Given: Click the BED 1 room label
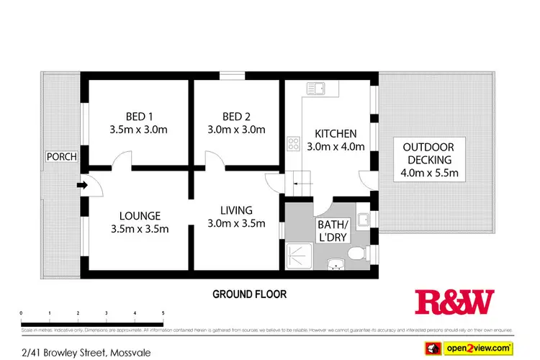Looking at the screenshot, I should click(140, 117).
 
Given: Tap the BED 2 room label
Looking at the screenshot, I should click(237, 117).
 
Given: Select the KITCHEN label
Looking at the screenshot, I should click(336, 133).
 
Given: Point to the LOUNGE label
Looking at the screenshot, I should click(140, 215).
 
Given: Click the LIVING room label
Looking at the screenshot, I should click(236, 210).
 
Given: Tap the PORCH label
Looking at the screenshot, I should click(61, 157).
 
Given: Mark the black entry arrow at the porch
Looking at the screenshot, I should click(81, 186).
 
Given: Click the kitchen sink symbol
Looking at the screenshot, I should click(315, 89).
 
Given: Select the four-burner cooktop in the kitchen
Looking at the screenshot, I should click(294, 143).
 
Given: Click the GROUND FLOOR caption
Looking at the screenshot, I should click(249, 294).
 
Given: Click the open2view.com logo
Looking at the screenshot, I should click(480, 348).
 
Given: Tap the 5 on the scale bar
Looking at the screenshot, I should click(163, 313).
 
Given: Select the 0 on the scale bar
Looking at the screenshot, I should click(22, 313).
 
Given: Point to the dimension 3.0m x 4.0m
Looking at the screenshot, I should click(336, 146).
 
